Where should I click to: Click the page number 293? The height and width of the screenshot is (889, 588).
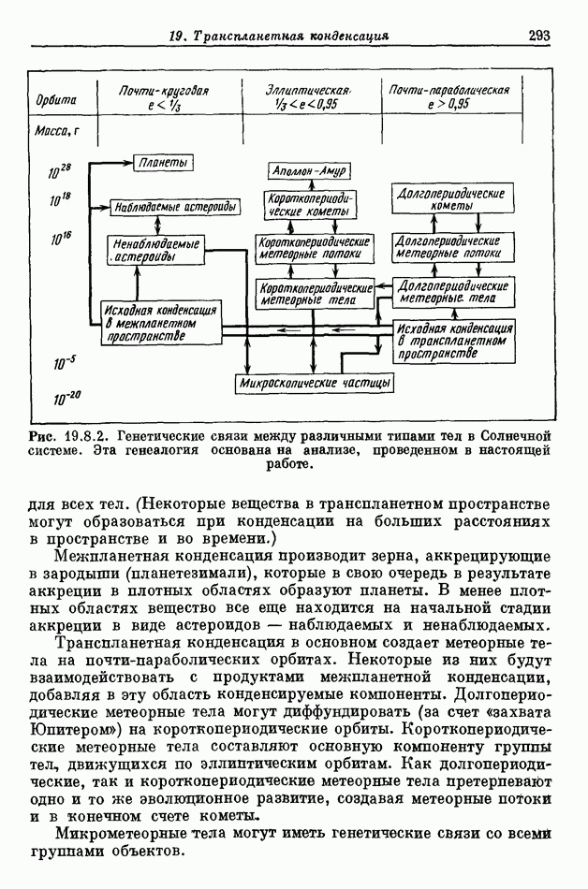538,36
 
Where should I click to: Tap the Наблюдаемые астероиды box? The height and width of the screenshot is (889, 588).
173,206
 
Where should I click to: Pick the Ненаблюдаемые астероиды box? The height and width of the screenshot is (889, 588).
156,250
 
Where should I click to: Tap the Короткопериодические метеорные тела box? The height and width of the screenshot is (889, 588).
316,292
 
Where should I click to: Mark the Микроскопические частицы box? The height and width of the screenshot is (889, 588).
315,383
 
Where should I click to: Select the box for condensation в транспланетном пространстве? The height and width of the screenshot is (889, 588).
453,342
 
